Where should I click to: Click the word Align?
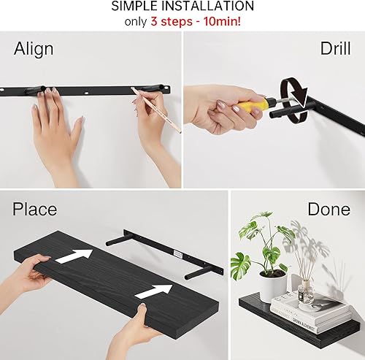click(x=34, y=49)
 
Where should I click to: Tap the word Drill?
click(x=335, y=49)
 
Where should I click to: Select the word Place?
click(x=34, y=210)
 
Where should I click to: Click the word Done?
click(x=328, y=210)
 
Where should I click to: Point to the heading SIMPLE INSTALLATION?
click(x=182, y=7)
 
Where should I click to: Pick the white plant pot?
click(x=272, y=285)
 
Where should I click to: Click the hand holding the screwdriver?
click(x=215, y=110)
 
